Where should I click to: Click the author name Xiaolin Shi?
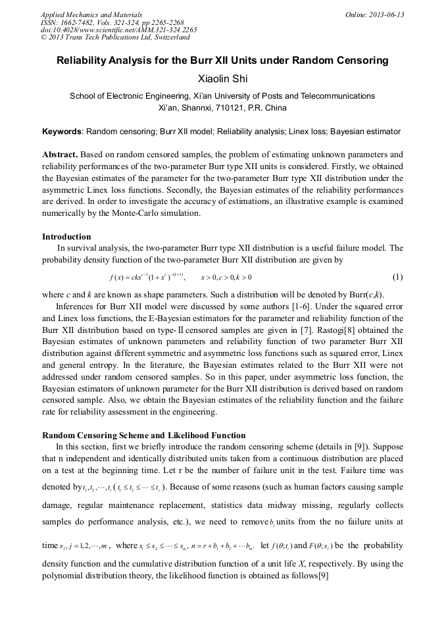point(222,79)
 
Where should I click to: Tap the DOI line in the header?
point(118,30)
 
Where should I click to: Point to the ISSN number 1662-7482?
point(76,22)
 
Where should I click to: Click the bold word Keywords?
point(61,132)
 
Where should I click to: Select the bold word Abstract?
point(60,155)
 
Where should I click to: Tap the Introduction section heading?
point(66,237)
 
